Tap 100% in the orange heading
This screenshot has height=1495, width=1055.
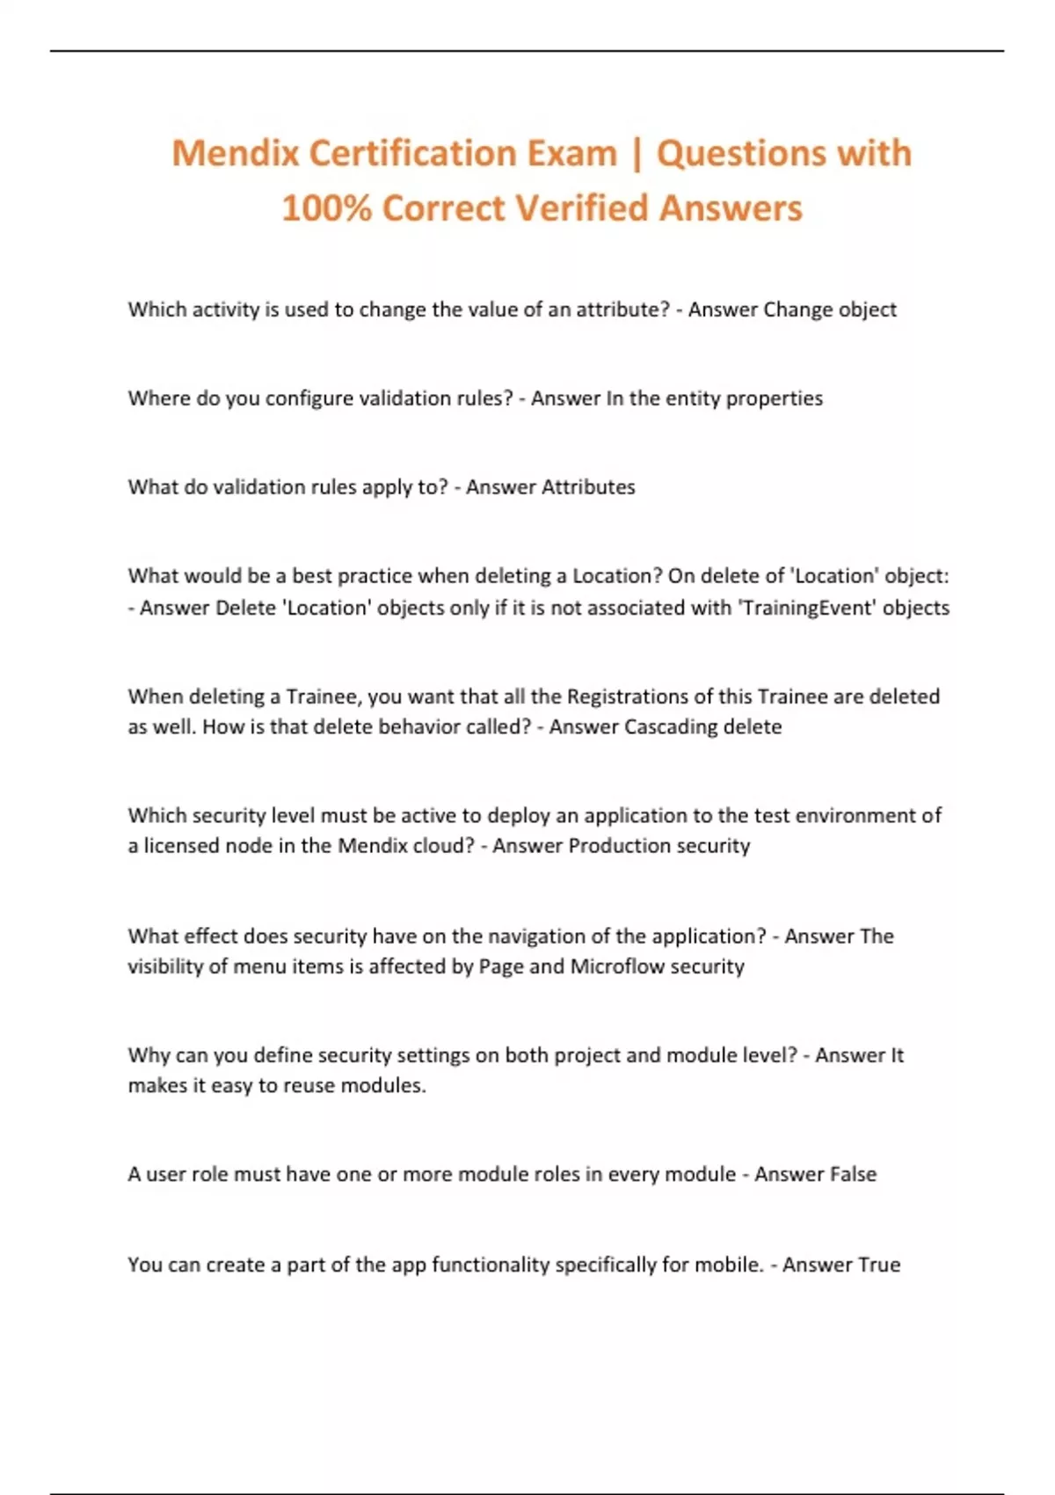coord(326,209)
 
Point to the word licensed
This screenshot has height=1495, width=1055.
coord(183,846)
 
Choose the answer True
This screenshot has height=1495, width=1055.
coord(878,1265)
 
